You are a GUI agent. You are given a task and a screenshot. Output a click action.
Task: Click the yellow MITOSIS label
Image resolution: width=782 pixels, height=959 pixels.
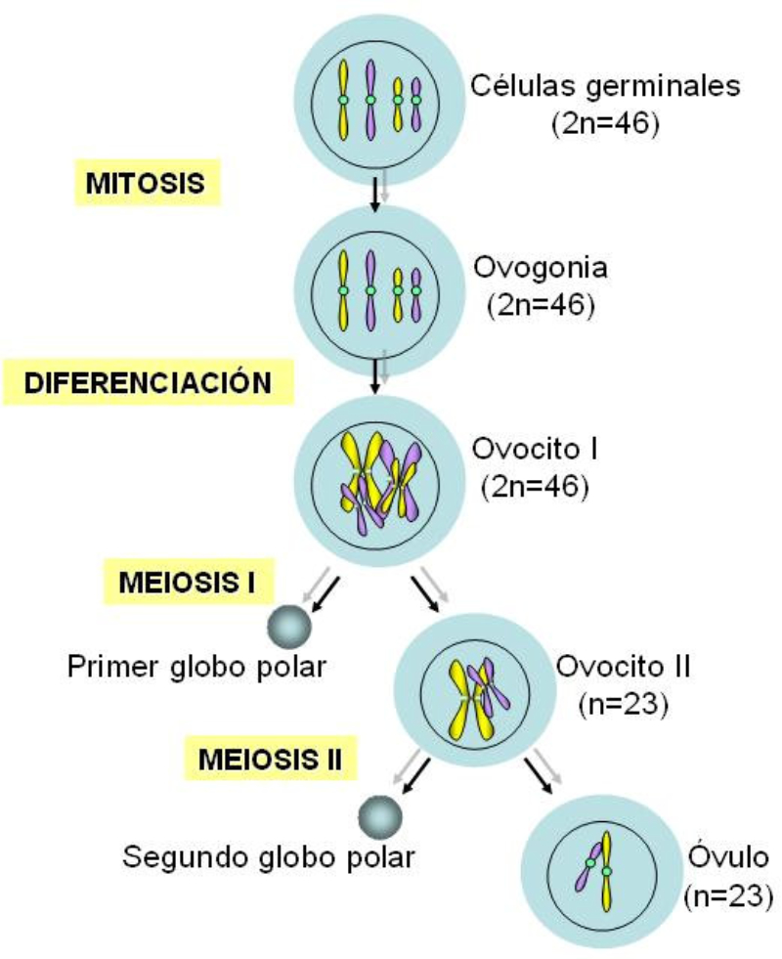(x=146, y=183)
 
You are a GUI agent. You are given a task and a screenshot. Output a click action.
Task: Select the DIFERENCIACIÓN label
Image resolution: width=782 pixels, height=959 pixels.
(x=148, y=381)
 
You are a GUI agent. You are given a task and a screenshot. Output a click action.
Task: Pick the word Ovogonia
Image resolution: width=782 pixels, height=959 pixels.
(x=540, y=266)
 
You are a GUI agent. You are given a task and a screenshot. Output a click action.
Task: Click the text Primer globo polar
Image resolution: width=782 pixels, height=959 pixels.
(x=196, y=669)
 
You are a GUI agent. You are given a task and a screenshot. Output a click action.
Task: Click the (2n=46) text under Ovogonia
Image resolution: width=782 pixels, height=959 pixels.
(x=540, y=304)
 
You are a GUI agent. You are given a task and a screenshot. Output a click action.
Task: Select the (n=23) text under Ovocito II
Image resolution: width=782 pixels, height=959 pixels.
(x=624, y=703)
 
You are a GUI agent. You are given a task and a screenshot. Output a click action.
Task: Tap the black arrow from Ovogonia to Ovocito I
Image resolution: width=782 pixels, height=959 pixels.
(x=374, y=372)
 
